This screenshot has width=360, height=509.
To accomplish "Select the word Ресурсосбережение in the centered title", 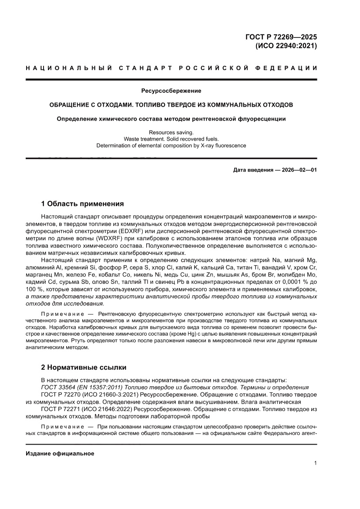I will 171,91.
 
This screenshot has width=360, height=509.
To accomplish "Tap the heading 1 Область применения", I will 82,203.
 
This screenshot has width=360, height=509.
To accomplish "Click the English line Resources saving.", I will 171,132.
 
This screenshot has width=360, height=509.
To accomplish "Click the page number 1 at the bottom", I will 315,463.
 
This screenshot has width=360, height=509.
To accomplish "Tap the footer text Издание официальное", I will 60,453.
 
